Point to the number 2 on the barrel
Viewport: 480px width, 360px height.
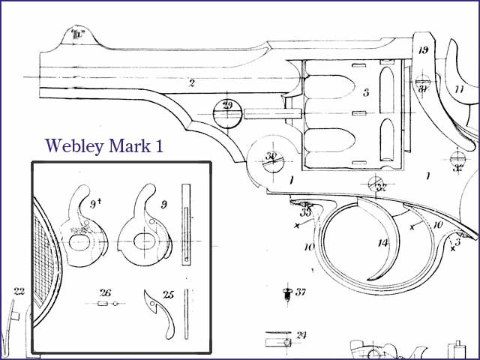(192, 83)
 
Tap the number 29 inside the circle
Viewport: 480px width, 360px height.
(226, 105)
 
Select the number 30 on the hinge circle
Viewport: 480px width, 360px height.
(271, 156)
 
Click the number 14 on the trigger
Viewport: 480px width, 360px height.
(383, 242)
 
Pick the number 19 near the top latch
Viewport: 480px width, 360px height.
(424, 50)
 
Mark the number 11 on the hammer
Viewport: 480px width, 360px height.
(459, 90)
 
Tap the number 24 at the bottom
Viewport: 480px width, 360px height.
(301, 334)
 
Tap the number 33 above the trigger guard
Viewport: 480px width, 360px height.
(306, 211)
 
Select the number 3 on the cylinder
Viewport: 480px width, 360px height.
(366, 93)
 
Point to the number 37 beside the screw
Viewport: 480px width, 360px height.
(301, 292)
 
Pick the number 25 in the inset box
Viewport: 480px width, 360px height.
(169, 295)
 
